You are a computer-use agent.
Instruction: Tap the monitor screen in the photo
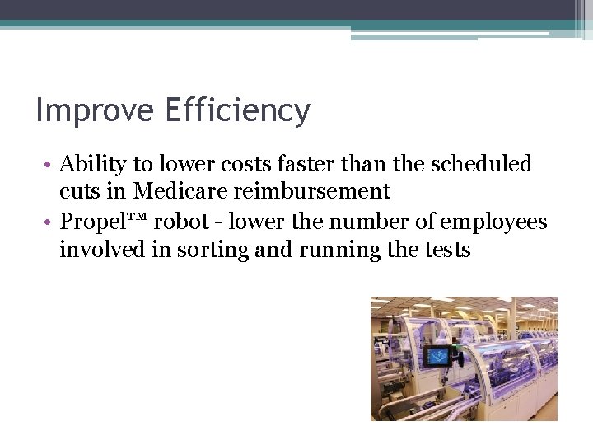tap(439, 356)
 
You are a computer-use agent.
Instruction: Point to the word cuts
tap(79, 191)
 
